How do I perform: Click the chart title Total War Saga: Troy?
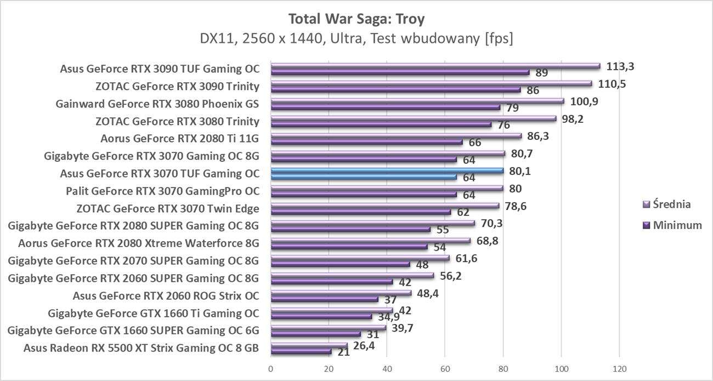[x=356, y=19]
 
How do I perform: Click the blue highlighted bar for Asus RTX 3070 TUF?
[x=387, y=170]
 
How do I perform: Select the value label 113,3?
[x=620, y=66]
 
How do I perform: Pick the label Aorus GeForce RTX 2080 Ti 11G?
[x=180, y=138]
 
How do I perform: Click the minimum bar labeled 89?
[x=400, y=72]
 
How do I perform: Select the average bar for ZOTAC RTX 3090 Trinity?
[x=431, y=83]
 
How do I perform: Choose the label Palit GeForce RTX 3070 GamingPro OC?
[x=162, y=191]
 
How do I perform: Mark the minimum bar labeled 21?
[x=301, y=351]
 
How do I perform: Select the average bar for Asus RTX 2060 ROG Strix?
[x=341, y=293]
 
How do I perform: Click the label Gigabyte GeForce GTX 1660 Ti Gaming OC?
[x=154, y=314]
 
